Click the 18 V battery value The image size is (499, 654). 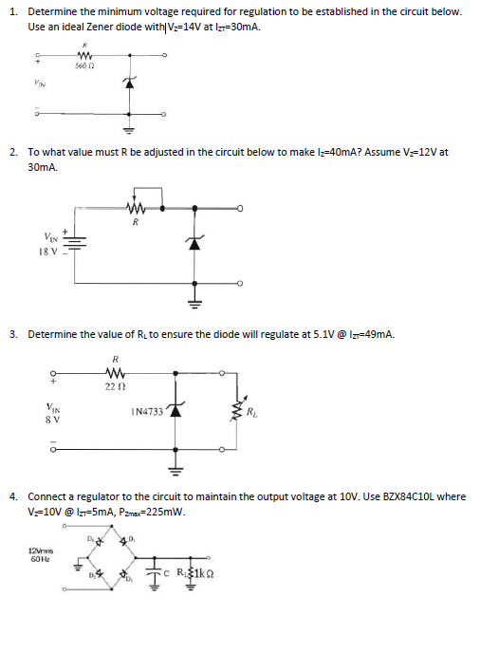coord(48,253)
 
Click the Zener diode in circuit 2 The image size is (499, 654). coord(195,242)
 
